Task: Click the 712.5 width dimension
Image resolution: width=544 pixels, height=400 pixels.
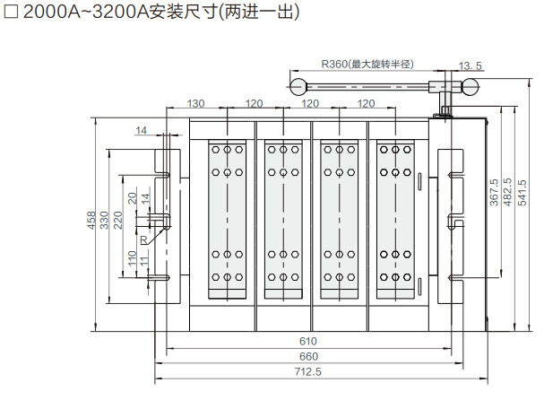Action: [307, 370]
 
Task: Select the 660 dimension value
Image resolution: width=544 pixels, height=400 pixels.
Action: [307, 356]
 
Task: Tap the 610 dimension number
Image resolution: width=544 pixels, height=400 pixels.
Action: [307, 341]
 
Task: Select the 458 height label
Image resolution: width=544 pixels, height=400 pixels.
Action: [91, 221]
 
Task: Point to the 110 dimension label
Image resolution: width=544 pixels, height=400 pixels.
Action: [132, 259]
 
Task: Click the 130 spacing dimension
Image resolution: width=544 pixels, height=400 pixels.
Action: [196, 104]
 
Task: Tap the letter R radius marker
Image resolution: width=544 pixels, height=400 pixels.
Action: [142, 240]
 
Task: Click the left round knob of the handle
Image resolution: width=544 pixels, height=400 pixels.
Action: [298, 86]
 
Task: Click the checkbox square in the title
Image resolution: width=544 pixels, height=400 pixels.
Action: [12, 14]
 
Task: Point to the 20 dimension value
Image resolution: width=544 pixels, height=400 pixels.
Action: [132, 198]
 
